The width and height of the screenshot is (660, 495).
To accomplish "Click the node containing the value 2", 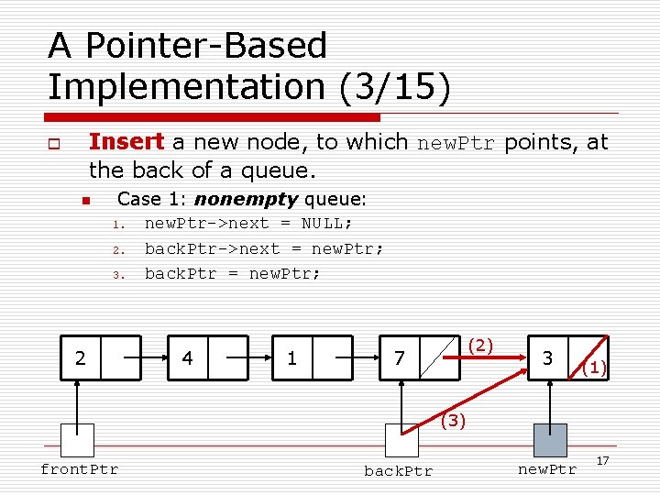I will (81, 357).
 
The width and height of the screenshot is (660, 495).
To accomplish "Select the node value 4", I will (187, 357).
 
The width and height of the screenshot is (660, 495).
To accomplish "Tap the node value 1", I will (291, 357).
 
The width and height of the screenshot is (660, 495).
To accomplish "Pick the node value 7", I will (399, 357).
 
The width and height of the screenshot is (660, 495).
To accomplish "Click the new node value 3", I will (547, 357).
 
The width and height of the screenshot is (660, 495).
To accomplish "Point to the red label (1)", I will (595, 368).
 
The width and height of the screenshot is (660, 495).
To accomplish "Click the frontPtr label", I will (79, 469).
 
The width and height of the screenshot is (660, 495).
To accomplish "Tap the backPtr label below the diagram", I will (398, 471).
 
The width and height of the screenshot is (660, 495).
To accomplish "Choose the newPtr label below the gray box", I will (547, 469).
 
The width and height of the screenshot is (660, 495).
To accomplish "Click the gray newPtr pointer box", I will (550, 440).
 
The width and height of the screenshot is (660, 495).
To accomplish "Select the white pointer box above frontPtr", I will (78, 440).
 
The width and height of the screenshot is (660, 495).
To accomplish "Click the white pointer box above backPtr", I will (401, 440).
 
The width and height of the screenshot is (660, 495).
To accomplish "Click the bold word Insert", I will (126, 142).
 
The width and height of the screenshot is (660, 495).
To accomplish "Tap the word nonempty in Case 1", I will (246, 199).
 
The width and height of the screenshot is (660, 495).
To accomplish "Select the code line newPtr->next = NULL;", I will (248, 224).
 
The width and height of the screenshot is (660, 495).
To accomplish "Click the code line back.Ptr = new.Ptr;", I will (233, 273).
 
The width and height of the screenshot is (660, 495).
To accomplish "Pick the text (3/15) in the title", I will (395, 86).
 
